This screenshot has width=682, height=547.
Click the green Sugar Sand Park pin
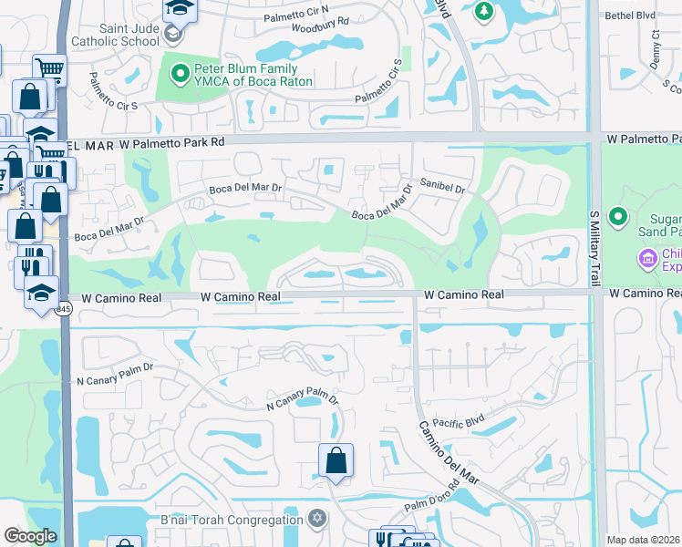pyautogui.click(x=619, y=216)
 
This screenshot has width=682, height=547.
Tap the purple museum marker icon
pyautogui.click(x=648, y=260)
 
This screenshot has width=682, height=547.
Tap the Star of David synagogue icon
pyautogui.click(x=317, y=519)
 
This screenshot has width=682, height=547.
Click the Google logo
pyautogui.click(x=29, y=536)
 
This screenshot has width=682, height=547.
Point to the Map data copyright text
pyautogui.click(x=644, y=540)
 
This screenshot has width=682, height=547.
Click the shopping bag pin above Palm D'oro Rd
pyautogui.click(x=336, y=460)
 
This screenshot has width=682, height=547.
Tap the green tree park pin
pyautogui.click(x=484, y=11)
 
